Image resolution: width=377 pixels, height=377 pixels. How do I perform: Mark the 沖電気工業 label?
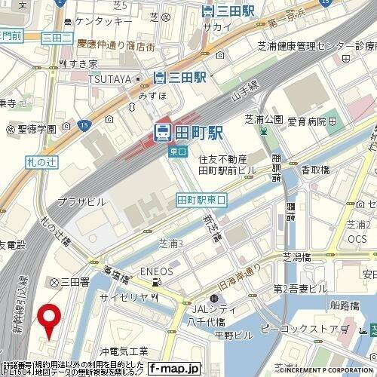pos(124,351)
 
